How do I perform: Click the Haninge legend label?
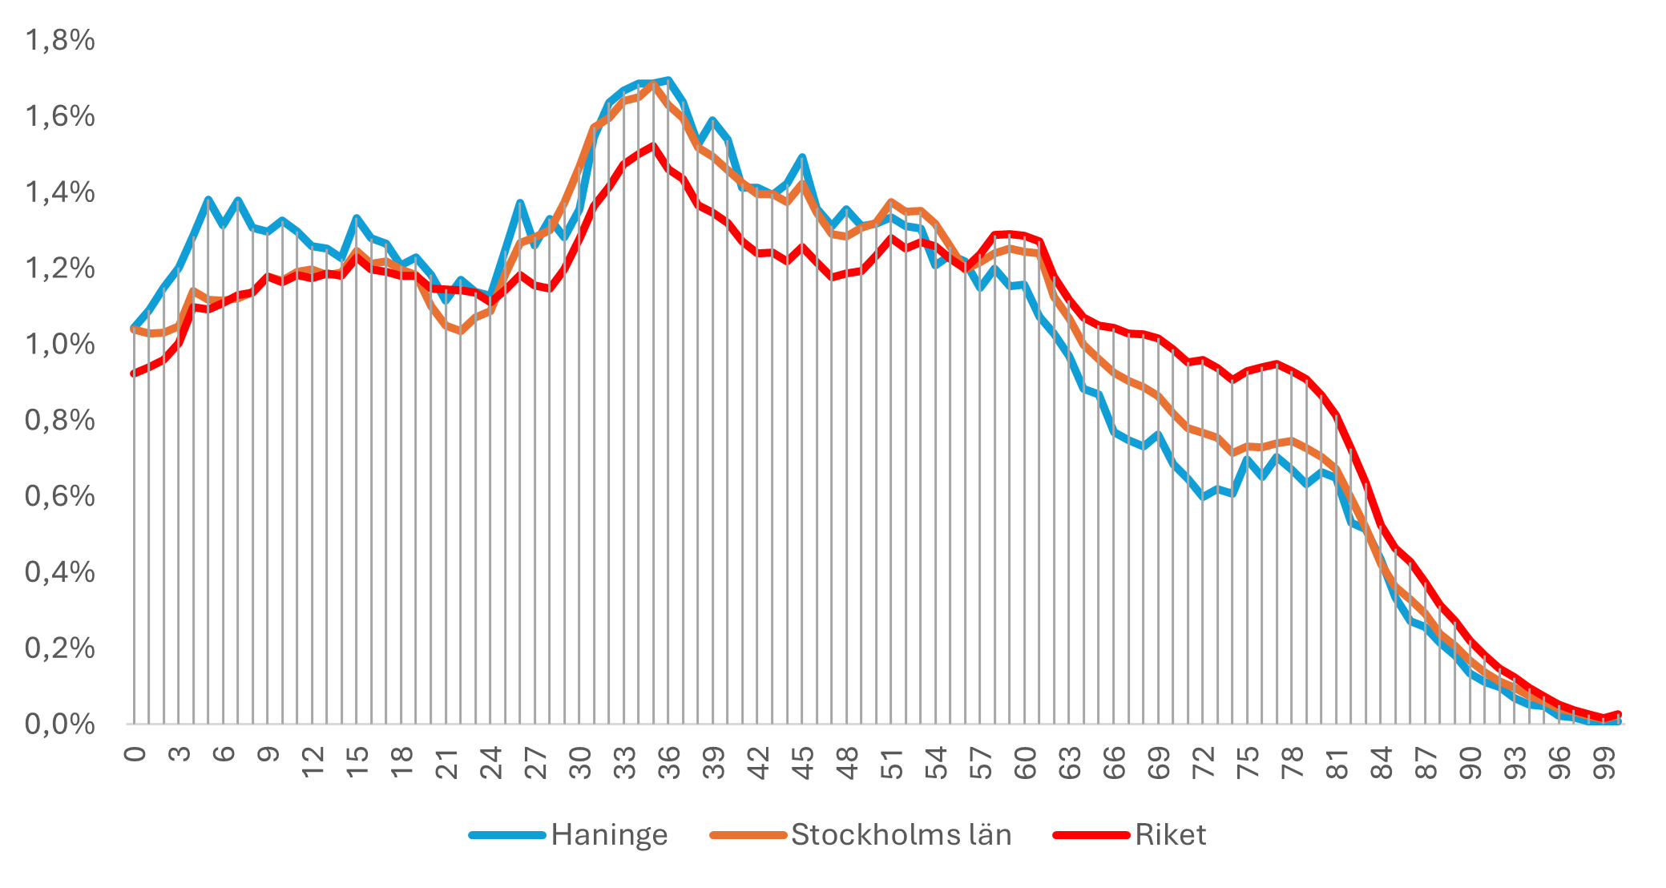click(608, 835)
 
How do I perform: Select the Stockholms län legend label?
click(901, 835)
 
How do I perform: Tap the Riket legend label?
click(1169, 835)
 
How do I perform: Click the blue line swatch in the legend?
click(507, 835)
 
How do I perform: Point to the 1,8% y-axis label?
click(60, 40)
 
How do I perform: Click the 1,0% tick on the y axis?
click(60, 345)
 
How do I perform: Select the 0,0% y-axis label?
click(60, 725)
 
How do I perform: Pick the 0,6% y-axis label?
click(60, 496)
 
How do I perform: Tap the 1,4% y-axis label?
click(60, 192)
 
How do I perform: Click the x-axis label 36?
click(668, 763)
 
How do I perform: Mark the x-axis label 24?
click(490, 763)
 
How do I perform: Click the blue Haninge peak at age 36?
click(668, 79)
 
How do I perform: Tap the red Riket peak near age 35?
click(653, 145)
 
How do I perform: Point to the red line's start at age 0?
click(134, 373)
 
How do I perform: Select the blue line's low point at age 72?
click(1202, 497)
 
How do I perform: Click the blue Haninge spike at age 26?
click(519, 202)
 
